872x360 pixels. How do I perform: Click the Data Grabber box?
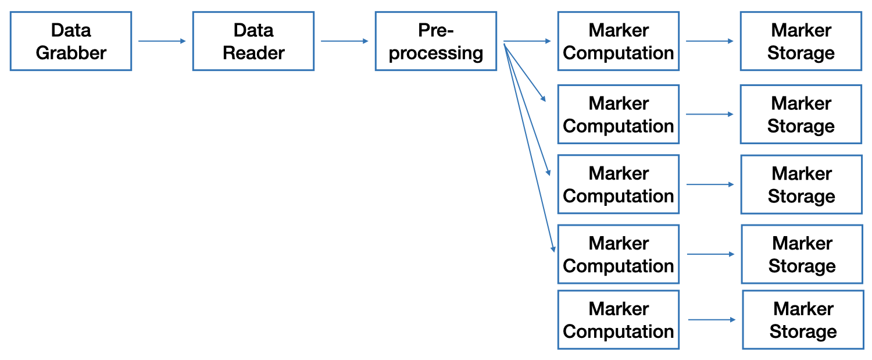(71, 41)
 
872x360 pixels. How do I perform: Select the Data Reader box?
(253, 41)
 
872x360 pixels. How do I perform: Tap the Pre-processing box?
(436, 41)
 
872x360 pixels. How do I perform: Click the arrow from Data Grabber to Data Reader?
(162, 41)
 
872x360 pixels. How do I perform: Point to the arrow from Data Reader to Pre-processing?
(344, 41)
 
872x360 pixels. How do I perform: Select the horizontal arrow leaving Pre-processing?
(527, 41)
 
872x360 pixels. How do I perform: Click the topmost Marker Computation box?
(619, 41)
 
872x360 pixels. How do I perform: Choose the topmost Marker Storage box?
(801, 41)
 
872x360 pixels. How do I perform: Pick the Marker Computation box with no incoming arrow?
(619, 320)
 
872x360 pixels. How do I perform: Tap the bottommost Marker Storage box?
(803, 320)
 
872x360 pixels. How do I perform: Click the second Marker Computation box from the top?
(619, 115)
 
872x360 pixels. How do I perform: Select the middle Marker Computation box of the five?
(619, 184)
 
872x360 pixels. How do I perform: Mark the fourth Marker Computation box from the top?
(619, 254)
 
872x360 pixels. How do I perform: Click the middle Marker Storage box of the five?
(802, 184)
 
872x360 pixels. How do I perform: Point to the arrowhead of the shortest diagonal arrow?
(544, 100)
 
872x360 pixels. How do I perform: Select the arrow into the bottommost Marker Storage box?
(712, 320)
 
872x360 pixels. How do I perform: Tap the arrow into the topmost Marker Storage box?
(709, 41)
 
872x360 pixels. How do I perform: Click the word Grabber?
(71, 53)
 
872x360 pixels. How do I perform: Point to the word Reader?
(253, 53)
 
